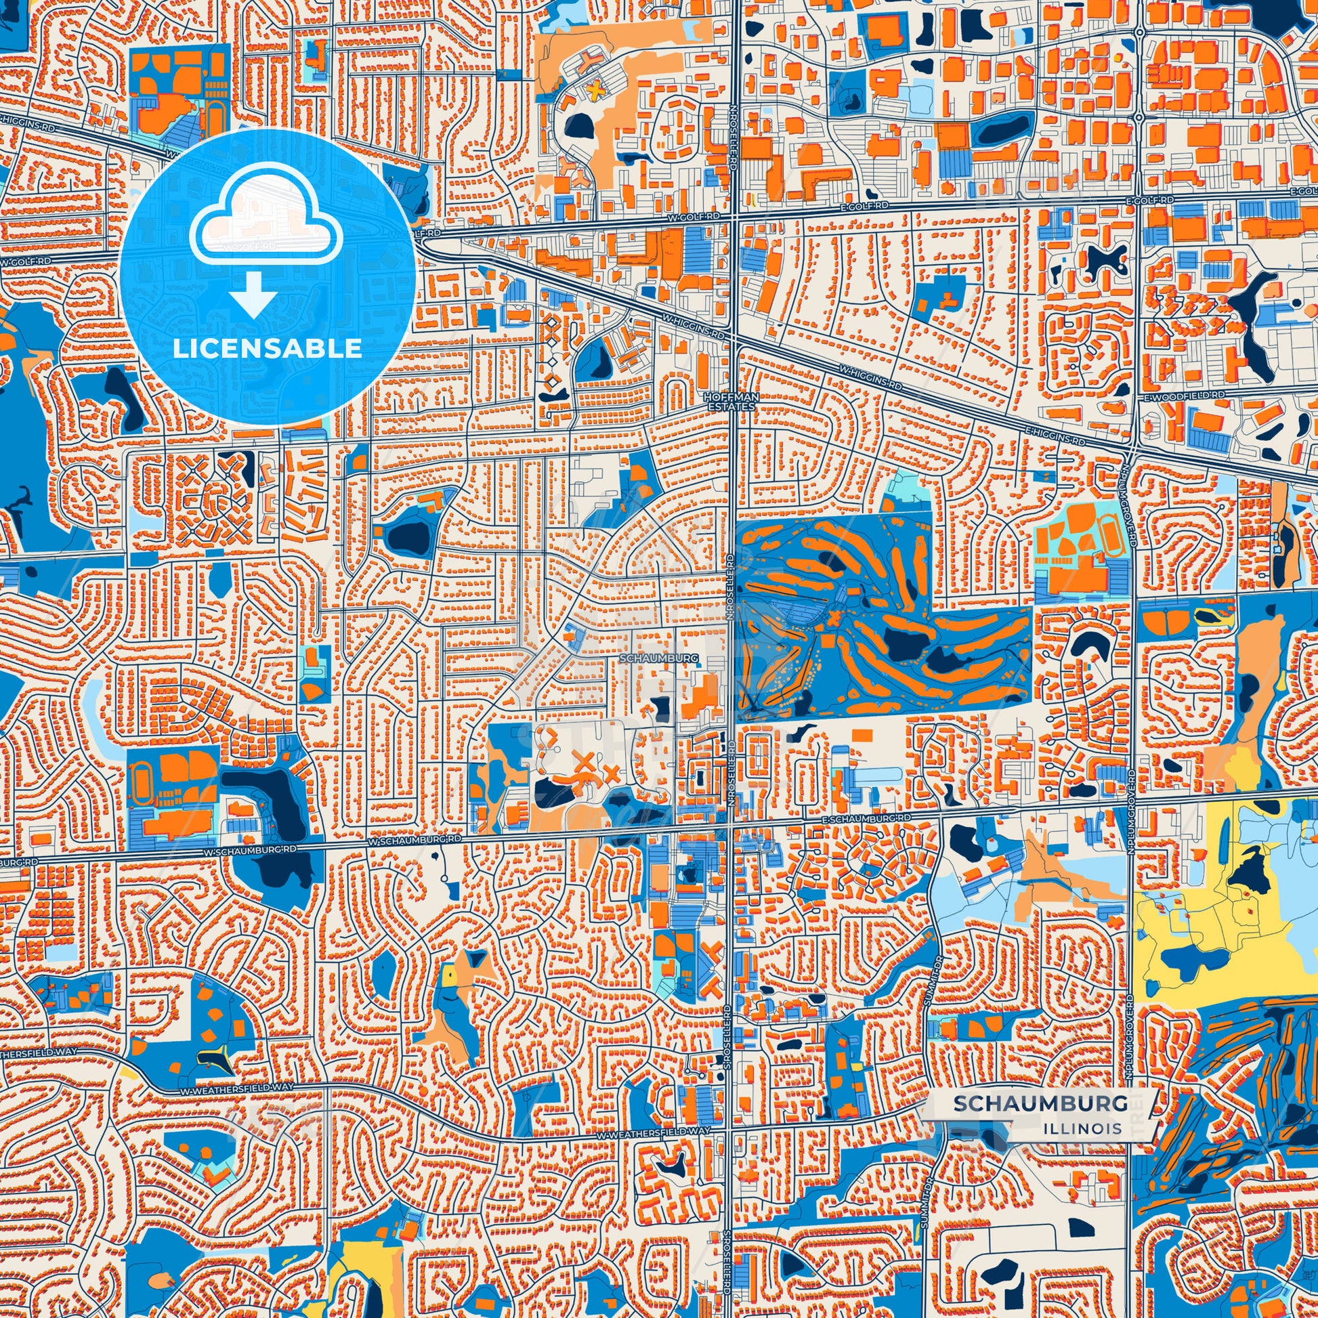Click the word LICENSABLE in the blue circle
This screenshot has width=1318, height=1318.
(267, 349)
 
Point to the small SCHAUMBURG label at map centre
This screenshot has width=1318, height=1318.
(659, 658)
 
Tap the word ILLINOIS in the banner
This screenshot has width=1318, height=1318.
(1082, 1128)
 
